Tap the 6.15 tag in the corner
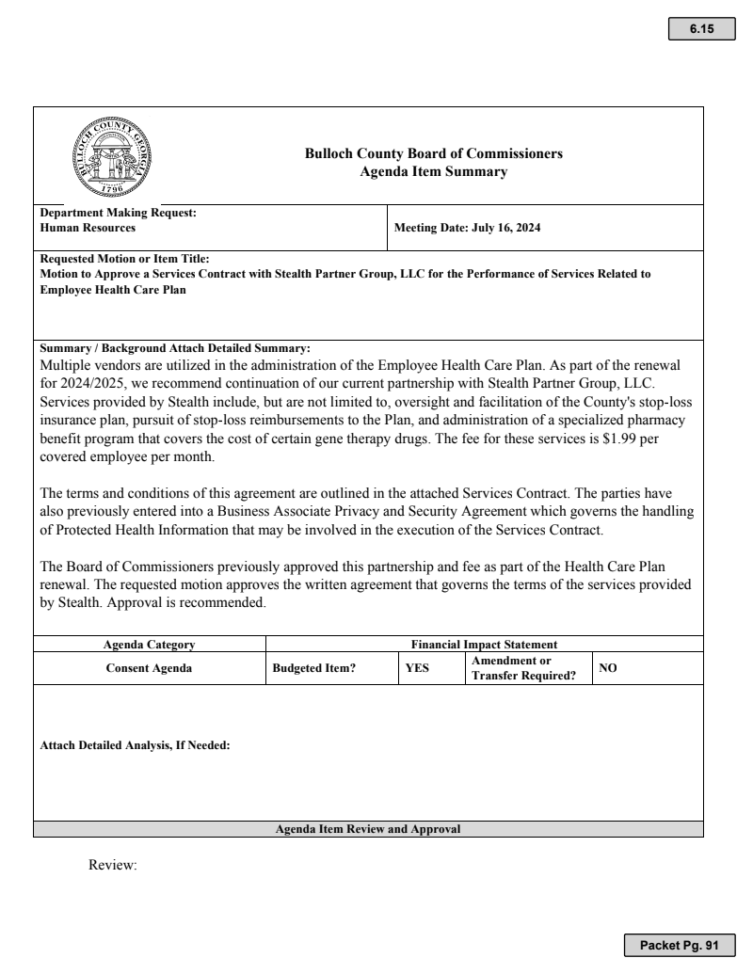coord(701,29)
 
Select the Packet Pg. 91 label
coord(678,944)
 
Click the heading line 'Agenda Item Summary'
coord(434,171)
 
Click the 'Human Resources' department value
coord(88,228)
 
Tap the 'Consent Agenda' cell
coord(150,668)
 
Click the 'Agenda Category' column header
coord(149,645)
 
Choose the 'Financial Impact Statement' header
coord(485,645)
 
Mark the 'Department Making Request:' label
coord(118,213)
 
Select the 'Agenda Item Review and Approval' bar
coord(368,829)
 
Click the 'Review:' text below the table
coord(113,864)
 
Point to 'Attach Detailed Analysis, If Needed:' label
coord(136,746)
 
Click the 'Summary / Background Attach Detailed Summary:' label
coord(175,348)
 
